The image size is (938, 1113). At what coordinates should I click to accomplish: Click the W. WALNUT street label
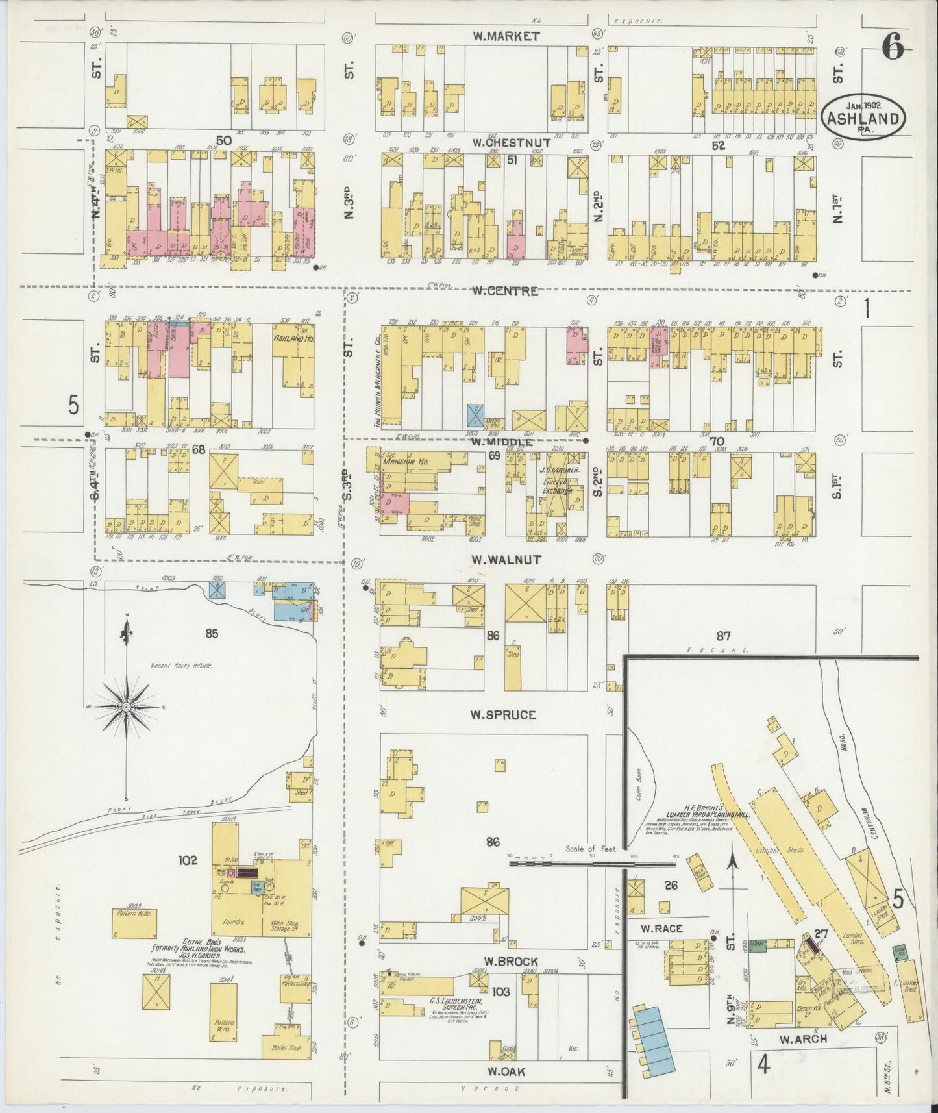506,560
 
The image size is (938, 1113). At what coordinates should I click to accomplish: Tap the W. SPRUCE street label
503,715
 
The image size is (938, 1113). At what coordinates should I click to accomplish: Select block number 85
212,634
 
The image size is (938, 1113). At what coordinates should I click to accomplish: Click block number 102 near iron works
188,860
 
